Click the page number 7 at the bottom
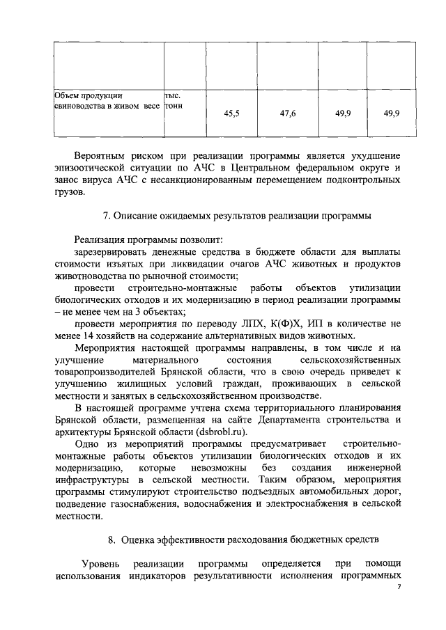coord(399,588)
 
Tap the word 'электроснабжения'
coord(300,504)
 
